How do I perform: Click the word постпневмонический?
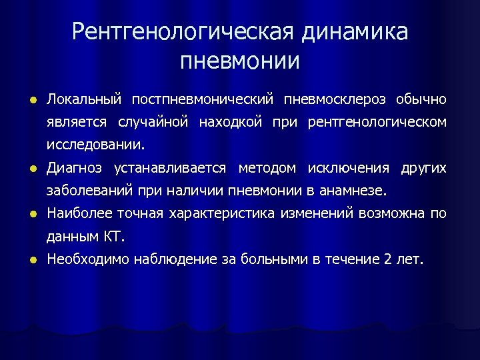tap(203, 100)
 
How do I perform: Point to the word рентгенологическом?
tap(377, 123)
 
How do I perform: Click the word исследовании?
tap(94, 145)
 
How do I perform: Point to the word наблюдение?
tap(176, 259)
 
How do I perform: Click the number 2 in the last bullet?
tap(388, 259)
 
